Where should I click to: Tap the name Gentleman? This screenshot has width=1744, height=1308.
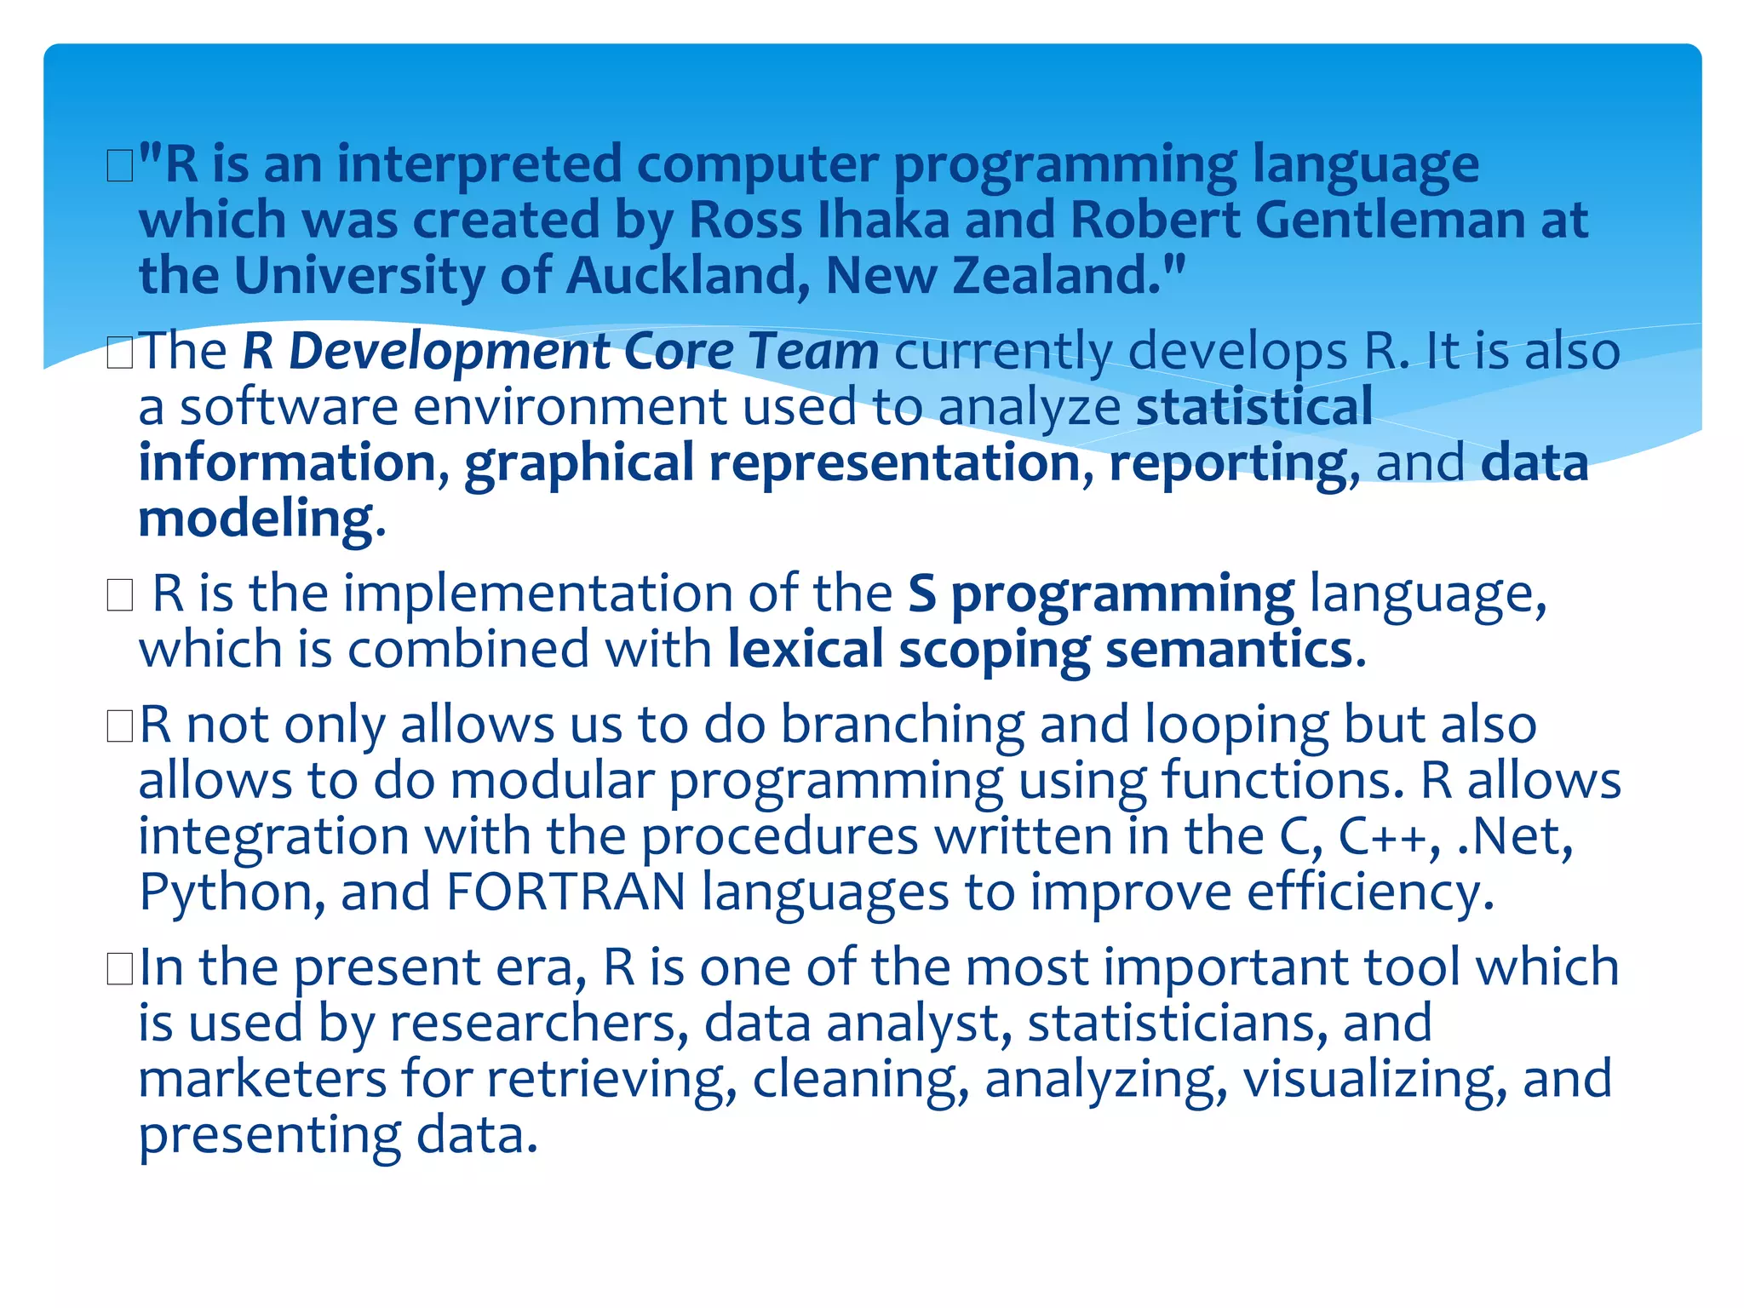[x=1389, y=220]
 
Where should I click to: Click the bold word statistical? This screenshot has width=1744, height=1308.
[x=1254, y=406]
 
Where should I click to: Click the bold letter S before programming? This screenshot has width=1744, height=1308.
[x=921, y=594]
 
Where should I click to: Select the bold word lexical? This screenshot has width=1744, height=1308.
[x=806, y=650]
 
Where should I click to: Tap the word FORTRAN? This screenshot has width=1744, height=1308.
[x=565, y=893]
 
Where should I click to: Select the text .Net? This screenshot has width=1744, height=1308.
[x=1514, y=837]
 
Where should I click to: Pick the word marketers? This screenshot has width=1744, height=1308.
[x=262, y=1079]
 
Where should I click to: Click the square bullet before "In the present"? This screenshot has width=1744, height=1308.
[x=120, y=970]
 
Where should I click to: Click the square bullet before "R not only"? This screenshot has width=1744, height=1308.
[x=120, y=727]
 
